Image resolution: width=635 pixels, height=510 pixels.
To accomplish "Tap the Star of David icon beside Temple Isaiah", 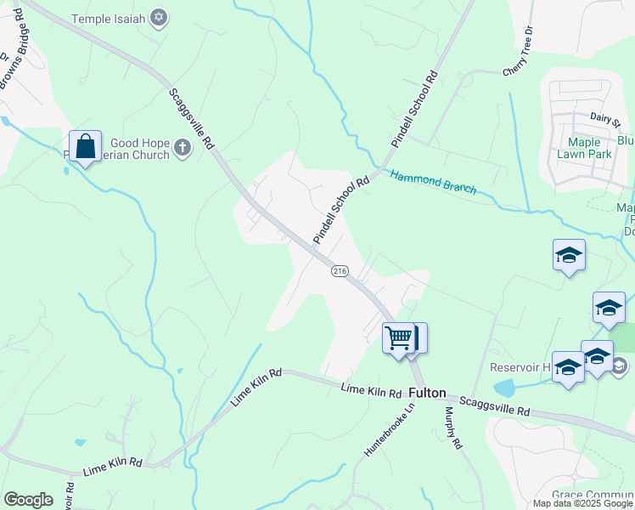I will tap(158, 18).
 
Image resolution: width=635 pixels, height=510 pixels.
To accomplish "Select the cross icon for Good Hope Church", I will tap(182, 149).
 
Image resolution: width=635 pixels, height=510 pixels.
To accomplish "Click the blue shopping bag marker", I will tap(86, 146).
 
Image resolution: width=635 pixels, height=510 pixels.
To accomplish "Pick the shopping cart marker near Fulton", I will tap(398, 338).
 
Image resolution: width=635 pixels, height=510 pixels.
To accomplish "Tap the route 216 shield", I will tap(340, 270).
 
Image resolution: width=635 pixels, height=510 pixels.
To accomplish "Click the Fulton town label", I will tap(427, 393).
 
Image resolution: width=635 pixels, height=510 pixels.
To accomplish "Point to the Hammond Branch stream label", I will tap(433, 181).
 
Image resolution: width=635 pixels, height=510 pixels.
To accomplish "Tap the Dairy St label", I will tap(607, 119).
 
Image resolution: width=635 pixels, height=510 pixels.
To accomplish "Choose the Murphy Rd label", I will tap(452, 427).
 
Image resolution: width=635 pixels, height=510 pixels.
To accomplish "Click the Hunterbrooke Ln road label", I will tap(390, 430).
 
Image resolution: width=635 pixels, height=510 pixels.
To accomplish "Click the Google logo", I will tap(28, 500).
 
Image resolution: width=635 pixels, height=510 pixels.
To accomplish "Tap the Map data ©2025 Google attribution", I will tap(582, 503).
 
